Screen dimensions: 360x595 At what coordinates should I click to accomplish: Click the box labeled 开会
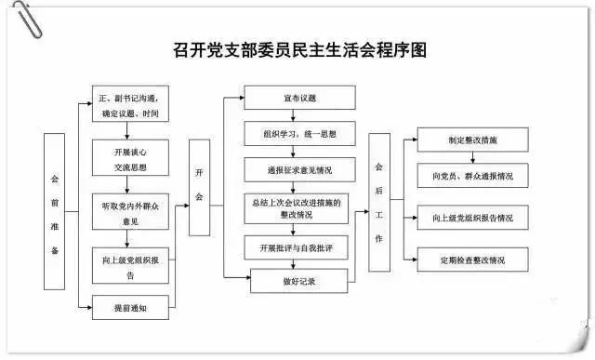point(200,186)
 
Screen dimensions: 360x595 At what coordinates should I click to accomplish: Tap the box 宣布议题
point(299,98)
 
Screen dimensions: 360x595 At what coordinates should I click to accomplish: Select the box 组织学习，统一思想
point(299,135)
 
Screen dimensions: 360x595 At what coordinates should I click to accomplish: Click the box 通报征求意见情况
point(299,171)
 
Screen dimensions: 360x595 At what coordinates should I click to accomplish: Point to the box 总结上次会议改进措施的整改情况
point(299,207)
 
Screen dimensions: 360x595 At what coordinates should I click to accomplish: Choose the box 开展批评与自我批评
point(299,248)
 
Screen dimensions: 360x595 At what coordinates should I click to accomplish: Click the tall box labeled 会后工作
point(378,202)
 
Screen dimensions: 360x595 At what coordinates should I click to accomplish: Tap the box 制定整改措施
point(471,140)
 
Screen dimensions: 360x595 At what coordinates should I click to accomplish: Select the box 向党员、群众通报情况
point(471,175)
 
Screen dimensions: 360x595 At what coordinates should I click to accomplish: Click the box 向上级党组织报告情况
point(471,218)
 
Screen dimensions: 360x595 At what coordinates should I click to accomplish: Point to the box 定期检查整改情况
point(471,259)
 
